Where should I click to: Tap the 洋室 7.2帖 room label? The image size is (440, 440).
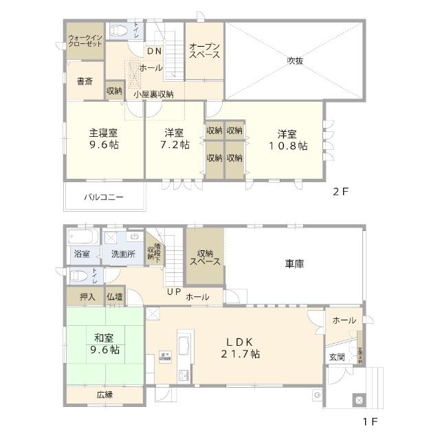(x=173, y=139)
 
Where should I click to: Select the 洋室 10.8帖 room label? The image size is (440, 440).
(x=288, y=139)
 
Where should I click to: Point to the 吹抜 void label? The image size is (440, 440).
(x=296, y=60)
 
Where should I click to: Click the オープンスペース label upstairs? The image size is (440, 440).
(x=204, y=49)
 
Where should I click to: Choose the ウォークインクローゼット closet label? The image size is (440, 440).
(x=85, y=39)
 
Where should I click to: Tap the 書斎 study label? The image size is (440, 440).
(x=85, y=81)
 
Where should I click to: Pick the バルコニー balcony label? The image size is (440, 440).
(x=104, y=197)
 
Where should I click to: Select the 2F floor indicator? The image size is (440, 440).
(x=342, y=192)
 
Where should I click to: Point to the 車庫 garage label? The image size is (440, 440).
(x=296, y=263)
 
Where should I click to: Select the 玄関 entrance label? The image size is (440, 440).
(x=336, y=357)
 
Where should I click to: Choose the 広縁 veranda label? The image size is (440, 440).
(x=104, y=395)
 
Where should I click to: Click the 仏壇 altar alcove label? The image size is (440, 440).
(x=115, y=297)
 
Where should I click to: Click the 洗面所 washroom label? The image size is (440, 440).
(x=124, y=254)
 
